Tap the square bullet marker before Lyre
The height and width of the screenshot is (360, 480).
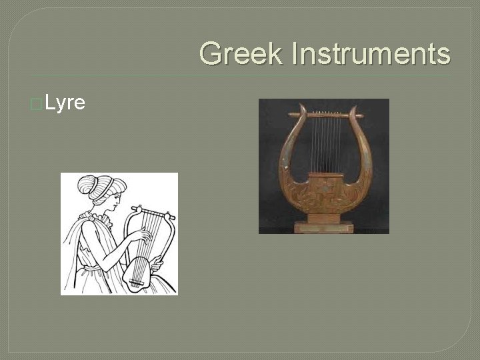point(36,104)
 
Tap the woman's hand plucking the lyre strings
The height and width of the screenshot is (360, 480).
point(141,237)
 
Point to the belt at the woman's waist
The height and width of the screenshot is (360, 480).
point(93,267)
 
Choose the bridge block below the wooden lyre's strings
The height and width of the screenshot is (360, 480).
point(325,177)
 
